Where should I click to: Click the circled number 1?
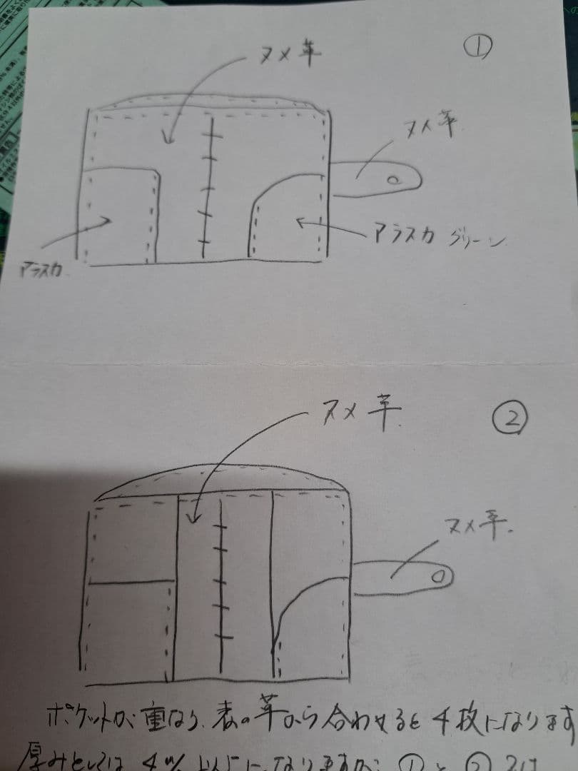coord(476,49)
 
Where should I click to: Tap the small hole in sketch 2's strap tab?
coord(440,573)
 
